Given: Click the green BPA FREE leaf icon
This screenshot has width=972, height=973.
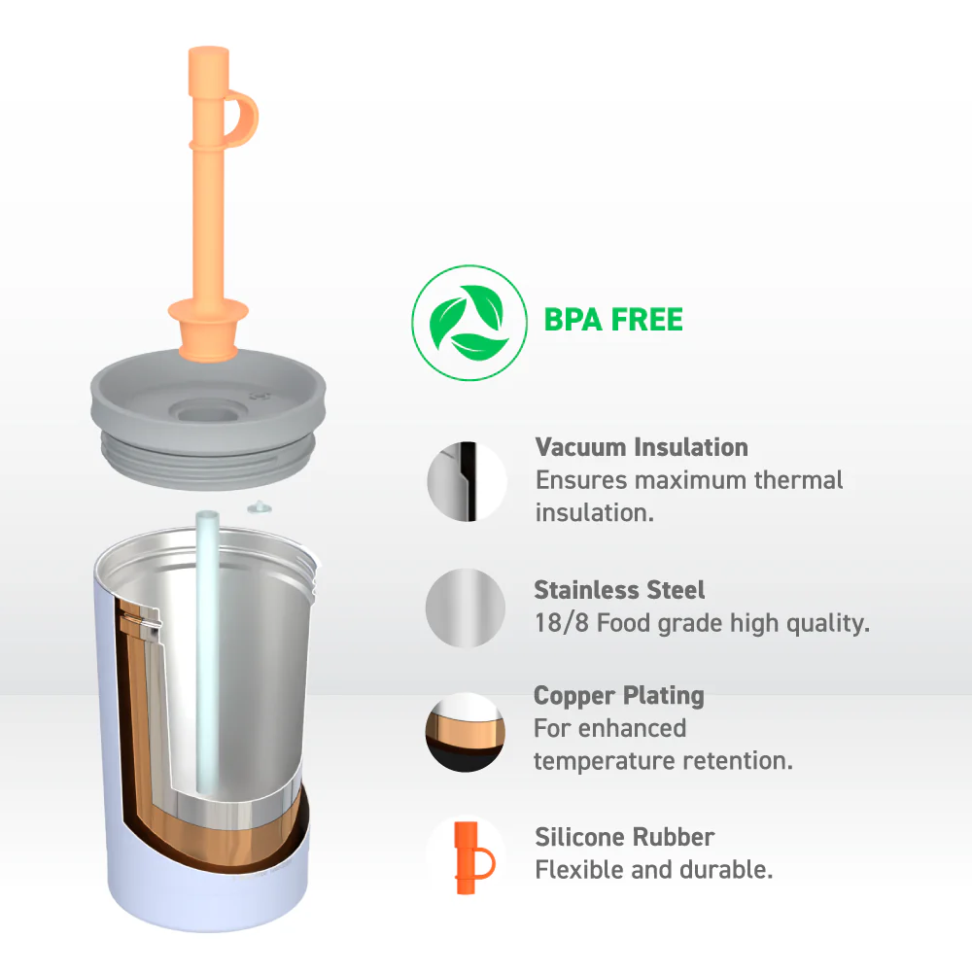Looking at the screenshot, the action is coord(469,323).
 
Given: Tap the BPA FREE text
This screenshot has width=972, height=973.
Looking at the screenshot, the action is coord(613,320).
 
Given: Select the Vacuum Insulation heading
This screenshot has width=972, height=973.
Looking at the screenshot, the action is coord(642,447).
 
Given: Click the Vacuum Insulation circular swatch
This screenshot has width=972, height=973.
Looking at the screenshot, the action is coord(467,481).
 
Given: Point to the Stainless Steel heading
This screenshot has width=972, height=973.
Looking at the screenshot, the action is coord(619,590).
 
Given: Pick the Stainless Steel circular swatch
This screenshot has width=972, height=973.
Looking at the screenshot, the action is coord(466,608).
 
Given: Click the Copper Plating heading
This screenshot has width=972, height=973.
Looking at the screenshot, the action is coord(619,696).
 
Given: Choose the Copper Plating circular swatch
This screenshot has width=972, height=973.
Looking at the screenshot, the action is coord(466,732).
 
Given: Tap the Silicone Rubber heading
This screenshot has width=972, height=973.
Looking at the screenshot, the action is coord(624,837).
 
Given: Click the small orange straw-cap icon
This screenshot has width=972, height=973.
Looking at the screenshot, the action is coord(472,858).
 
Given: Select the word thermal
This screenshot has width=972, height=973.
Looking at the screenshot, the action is coord(798,480).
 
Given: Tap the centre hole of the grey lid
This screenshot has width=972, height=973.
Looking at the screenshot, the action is coord(209,411).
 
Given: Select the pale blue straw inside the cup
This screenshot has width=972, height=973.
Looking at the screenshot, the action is coord(207,651).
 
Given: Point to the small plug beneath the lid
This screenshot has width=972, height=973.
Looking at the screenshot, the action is coord(260,508).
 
